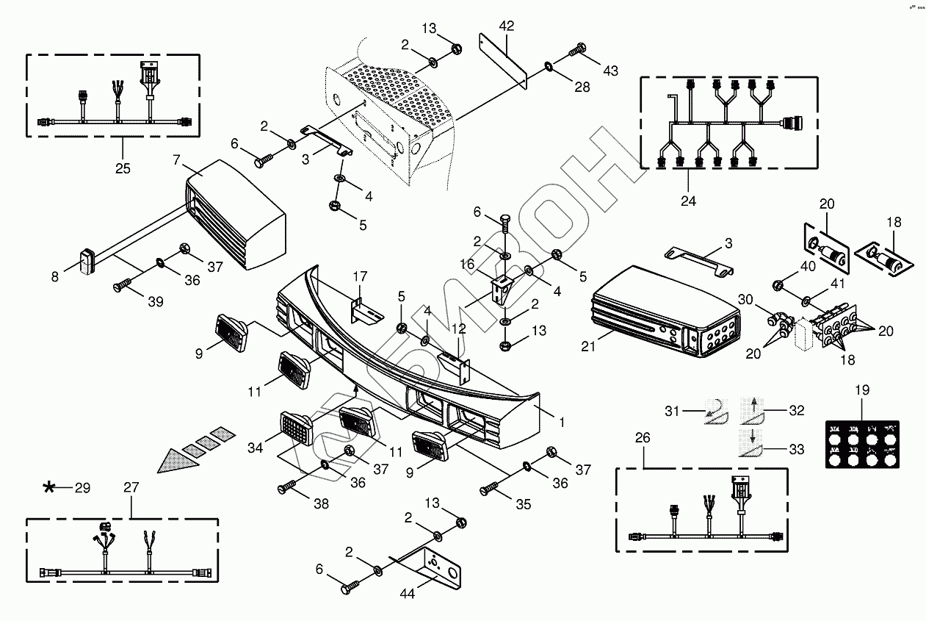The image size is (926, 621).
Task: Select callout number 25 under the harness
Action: (123, 168)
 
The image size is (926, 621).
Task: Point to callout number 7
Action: (176, 159)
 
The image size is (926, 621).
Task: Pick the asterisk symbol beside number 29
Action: (49, 487)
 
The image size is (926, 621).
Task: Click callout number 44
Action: (407, 593)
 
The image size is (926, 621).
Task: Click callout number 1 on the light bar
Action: (561, 423)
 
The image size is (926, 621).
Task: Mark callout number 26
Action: (642, 437)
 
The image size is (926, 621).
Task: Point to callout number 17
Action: (359, 276)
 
